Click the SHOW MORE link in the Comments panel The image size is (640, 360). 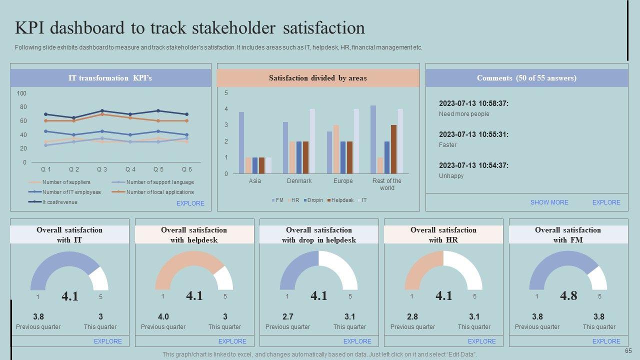click(549, 202)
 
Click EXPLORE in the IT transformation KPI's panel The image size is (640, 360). click(190, 203)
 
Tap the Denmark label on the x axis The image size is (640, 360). click(299, 181)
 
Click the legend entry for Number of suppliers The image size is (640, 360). click(66, 182)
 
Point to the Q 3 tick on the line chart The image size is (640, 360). click(102, 169)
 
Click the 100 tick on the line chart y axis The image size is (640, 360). click(21, 93)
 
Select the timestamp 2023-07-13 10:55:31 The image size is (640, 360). click(473, 134)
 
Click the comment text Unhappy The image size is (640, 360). click(451, 176)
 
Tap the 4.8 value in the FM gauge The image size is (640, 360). click(568, 296)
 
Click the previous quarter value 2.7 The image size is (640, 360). click(287, 316)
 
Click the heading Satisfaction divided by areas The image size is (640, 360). click(317, 78)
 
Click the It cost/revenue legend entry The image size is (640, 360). click(59, 202)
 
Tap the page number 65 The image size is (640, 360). click(628, 351)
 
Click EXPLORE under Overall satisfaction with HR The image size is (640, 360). click(481, 341)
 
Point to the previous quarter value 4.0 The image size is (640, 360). click(163, 316)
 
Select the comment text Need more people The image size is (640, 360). click(464, 114)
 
